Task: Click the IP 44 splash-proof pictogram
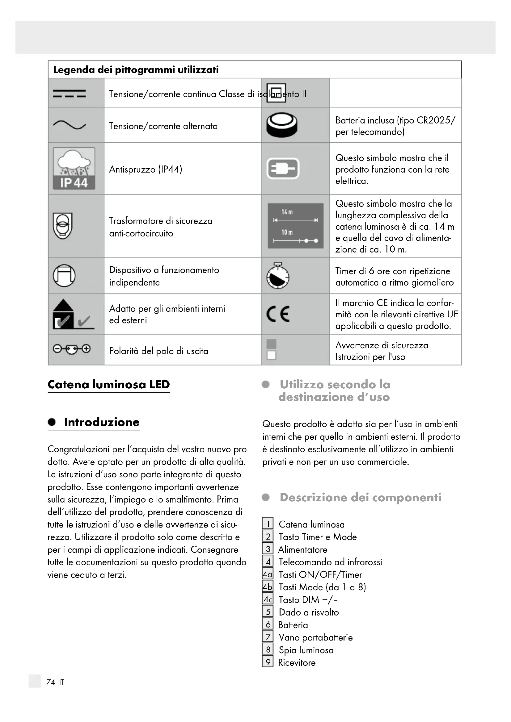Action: click(74, 169)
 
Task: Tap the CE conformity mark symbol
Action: click(278, 314)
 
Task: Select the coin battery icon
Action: click(282, 125)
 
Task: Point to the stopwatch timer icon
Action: click(278, 276)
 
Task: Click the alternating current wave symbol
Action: click(70, 125)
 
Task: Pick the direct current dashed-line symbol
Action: click(70, 94)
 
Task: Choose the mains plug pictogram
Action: click(283, 169)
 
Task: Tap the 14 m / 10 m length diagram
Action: click(295, 226)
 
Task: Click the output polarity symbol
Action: click(72, 349)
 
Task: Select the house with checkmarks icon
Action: click(73, 314)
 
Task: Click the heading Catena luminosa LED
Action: click(108, 385)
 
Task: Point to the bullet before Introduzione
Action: click(52, 422)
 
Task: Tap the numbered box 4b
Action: click(268, 587)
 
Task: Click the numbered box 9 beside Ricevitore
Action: click(268, 662)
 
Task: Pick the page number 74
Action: click(51, 682)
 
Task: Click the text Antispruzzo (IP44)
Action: click(146, 169)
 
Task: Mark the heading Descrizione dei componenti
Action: click(360, 498)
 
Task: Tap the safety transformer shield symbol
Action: click(63, 226)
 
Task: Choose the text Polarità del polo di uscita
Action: click(158, 351)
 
